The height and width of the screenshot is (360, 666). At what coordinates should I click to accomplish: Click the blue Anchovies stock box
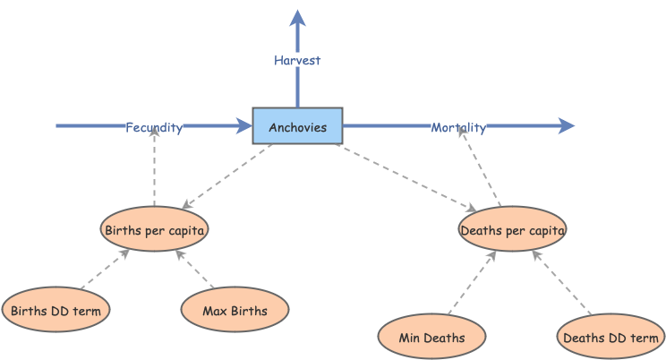(x=297, y=126)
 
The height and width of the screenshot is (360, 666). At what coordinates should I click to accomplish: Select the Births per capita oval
(x=155, y=230)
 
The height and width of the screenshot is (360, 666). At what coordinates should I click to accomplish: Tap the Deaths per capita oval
(x=512, y=230)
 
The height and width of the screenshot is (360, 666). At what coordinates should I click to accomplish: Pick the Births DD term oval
(x=56, y=311)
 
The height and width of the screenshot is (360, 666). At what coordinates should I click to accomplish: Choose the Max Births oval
(x=235, y=311)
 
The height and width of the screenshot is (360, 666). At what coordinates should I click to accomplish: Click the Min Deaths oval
(x=432, y=337)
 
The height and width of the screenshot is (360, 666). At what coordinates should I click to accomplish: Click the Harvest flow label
(x=297, y=60)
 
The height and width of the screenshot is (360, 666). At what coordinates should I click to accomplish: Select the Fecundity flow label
(x=154, y=127)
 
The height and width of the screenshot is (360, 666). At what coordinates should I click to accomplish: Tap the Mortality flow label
(x=458, y=127)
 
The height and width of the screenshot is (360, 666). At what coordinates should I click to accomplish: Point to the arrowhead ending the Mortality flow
(x=567, y=126)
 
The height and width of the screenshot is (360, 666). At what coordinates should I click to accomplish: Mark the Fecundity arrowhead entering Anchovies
(x=244, y=126)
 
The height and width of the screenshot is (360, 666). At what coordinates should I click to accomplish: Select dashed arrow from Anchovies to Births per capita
(x=227, y=176)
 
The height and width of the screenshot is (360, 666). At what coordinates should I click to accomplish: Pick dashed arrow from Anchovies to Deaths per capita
(x=403, y=176)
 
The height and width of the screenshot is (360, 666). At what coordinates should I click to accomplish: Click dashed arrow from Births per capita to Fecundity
(x=154, y=170)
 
